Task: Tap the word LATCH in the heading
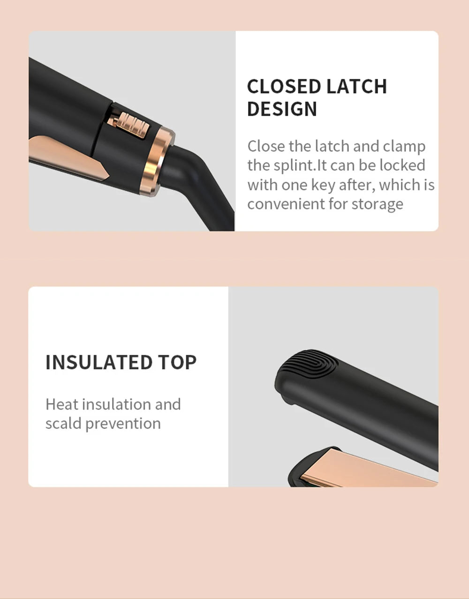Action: coord(356,87)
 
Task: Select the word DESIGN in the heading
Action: coord(282,109)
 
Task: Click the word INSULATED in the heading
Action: coord(98,362)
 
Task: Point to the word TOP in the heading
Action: coord(177,362)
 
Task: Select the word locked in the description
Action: coord(402,165)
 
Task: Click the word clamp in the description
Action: coord(404,146)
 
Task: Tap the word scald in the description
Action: coord(63,424)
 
